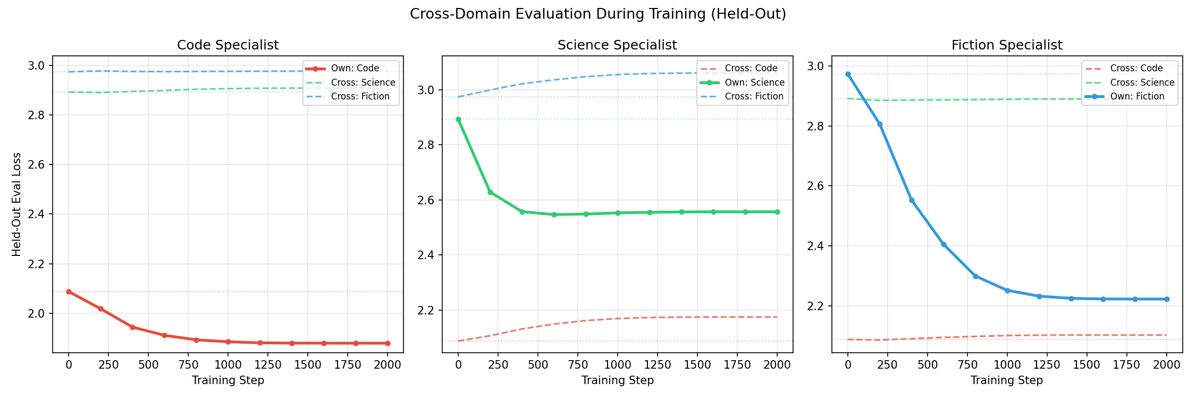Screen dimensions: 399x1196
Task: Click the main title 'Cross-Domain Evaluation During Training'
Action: pyautogui.click(x=597, y=14)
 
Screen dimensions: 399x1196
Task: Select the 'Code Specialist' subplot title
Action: pyautogui.click(x=228, y=45)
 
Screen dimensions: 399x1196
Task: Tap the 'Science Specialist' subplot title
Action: pyautogui.click(x=617, y=45)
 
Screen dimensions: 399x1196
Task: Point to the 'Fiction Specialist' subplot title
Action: pyautogui.click(x=1006, y=45)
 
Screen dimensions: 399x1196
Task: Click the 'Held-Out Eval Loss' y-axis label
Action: pyautogui.click(x=17, y=204)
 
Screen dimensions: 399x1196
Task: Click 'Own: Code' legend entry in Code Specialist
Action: pyautogui.click(x=355, y=68)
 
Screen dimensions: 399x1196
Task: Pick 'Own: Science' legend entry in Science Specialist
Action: pyautogui.click(x=754, y=82)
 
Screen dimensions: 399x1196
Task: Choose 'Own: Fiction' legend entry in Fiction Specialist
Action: pyautogui.click(x=1137, y=96)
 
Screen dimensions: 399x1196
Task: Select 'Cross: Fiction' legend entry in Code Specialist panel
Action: pyautogui.click(x=360, y=96)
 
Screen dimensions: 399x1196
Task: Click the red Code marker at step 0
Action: pyautogui.click(x=69, y=292)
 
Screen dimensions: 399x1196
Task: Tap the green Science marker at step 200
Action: pyautogui.click(x=490, y=192)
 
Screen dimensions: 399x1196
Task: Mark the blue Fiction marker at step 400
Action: pyautogui.click(x=912, y=201)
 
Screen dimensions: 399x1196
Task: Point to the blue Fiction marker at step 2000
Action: pyautogui.click(x=1167, y=299)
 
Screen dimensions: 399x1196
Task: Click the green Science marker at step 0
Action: pyautogui.click(x=458, y=120)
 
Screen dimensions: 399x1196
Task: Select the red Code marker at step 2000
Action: pyautogui.click(x=388, y=343)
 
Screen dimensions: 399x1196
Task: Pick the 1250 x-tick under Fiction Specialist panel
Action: pyautogui.click(x=1047, y=365)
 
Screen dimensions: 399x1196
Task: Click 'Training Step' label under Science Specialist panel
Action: pyautogui.click(x=617, y=380)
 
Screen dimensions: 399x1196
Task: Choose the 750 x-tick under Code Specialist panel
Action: pyautogui.click(x=188, y=365)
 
